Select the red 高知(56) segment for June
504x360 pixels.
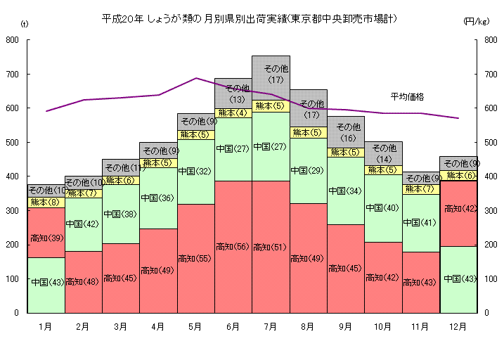[x=233, y=246]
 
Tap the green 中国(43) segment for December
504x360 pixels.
[x=458, y=279]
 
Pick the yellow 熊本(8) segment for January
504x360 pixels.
[x=46, y=202]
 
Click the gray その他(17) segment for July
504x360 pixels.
[x=271, y=74]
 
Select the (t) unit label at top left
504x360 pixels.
[x=25, y=25]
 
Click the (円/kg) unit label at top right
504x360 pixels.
[x=476, y=22]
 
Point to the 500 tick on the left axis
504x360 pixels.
[x=12, y=143]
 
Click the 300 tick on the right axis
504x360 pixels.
[x=488, y=211]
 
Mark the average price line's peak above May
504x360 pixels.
[x=196, y=78]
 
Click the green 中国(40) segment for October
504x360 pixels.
[x=383, y=208]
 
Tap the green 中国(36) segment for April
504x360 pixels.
[x=158, y=198]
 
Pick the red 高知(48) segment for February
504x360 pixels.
[x=83, y=281]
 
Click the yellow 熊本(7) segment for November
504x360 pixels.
[x=420, y=188]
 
